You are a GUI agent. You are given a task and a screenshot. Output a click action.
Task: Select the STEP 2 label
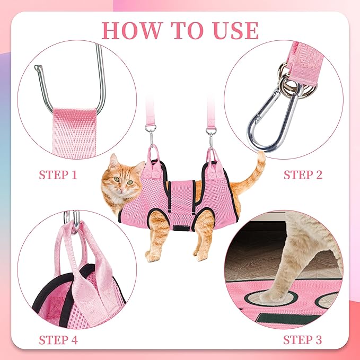(303, 174)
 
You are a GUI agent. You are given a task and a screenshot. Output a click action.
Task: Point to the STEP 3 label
(303, 339)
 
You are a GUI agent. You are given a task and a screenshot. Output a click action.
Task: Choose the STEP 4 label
(58, 339)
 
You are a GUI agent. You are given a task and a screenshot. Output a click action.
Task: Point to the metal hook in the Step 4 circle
(73, 218)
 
